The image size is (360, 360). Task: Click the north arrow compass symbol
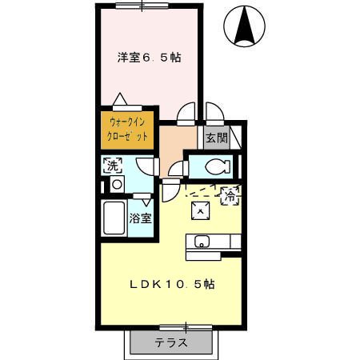(245, 26)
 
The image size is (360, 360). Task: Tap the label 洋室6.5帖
(150, 58)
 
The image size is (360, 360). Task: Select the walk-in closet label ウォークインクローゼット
(127, 130)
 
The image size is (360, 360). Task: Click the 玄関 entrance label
(217, 138)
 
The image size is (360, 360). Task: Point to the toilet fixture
(217, 166)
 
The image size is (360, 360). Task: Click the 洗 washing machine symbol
(113, 166)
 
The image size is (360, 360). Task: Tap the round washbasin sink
(117, 184)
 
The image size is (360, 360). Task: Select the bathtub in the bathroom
(114, 218)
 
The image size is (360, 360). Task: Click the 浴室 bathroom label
(141, 218)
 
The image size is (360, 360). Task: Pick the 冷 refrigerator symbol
(230, 196)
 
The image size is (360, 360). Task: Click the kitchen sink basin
(202, 242)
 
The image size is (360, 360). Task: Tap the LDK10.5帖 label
(173, 285)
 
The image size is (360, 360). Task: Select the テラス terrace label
(171, 342)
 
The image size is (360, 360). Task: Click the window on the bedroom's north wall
(142, 6)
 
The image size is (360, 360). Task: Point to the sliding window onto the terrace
(186, 327)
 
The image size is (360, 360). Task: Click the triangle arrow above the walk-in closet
(120, 99)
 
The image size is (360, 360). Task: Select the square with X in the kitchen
(201, 210)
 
